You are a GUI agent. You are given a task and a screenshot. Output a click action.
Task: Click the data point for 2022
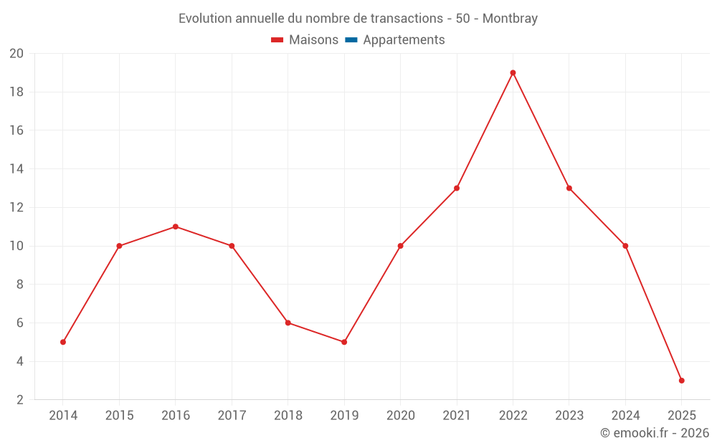point(513,72)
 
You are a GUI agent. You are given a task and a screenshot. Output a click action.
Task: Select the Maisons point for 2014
point(63,342)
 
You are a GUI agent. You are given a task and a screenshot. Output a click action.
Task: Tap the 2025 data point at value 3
point(681,381)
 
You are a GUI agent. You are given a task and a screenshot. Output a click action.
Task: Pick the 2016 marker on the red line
point(176,227)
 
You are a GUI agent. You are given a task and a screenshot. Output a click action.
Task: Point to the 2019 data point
point(344,342)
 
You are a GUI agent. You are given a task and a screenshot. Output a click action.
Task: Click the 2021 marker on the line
point(457,188)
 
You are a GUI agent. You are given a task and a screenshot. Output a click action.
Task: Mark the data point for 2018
point(288,323)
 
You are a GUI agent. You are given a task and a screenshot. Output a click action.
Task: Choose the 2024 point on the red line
point(625,246)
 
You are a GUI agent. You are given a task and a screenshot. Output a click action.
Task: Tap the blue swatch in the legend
point(351,40)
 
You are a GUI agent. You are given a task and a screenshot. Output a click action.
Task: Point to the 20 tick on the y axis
point(16,54)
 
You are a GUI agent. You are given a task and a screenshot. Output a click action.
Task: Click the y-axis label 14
point(16,169)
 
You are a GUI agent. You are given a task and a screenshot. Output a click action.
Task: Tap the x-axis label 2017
point(232,416)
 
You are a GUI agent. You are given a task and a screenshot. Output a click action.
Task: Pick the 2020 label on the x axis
point(400,416)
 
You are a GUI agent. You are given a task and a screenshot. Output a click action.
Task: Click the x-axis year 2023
point(569,416)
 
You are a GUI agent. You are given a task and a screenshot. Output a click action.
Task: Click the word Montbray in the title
point(510,19)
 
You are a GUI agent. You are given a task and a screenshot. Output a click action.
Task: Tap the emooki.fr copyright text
point(655,433)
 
